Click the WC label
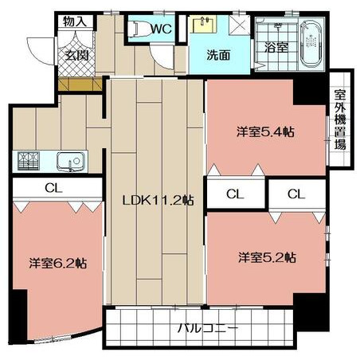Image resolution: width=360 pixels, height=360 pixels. pyautogui.click(x=162, y=29)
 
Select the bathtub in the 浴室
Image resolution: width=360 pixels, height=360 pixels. pyautogui.click(x=312, y=44)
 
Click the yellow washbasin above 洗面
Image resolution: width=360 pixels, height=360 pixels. pyautogui.click(x=204, y=24)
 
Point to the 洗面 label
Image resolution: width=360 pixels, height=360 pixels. pyautogui.click(x=218, y=55)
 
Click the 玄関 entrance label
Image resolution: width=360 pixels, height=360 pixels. pyautogui.click(x=76, y=55)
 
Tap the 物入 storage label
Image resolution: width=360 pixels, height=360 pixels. pyautogui.click(x=75, y=22)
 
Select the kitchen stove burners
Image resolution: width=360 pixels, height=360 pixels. pyautogui.click(x=29, y=161)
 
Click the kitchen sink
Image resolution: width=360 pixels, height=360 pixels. pyautogui.click(x=70, y=162)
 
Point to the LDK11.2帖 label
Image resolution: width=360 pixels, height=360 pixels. pyautogui.click(x=158, y=200)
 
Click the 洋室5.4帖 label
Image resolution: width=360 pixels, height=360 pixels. pyautogui.click(x=265, y=132)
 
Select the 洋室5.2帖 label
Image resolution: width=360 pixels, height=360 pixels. pyautogui.click(x=267, y=257)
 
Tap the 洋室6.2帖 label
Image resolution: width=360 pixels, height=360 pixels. pyautogui.click(x=58, y=263)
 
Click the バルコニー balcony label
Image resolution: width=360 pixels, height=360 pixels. pyautogui.click(x=208, y=328)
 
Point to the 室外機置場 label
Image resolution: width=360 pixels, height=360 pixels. pyautogui.click(x=340, y=119)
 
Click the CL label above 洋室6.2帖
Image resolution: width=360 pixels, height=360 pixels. pyautogui.click(x=53, y=188)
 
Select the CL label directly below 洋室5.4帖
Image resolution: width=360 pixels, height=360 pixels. pyautogui.click(x=235, y=194)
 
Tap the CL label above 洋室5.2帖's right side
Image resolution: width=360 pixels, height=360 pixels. pyautogui.click(x=296, y=194)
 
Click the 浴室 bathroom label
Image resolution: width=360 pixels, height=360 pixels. pyautogui.click(x=276, y=47)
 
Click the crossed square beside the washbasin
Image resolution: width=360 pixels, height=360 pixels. pyautogui.click(x=240, y=25)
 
